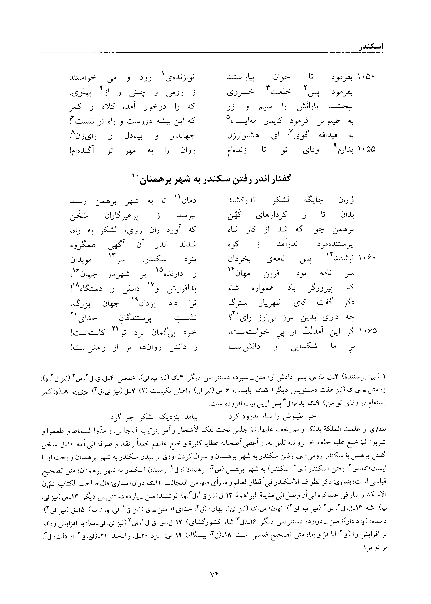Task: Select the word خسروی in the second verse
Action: [x=238, y=92]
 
